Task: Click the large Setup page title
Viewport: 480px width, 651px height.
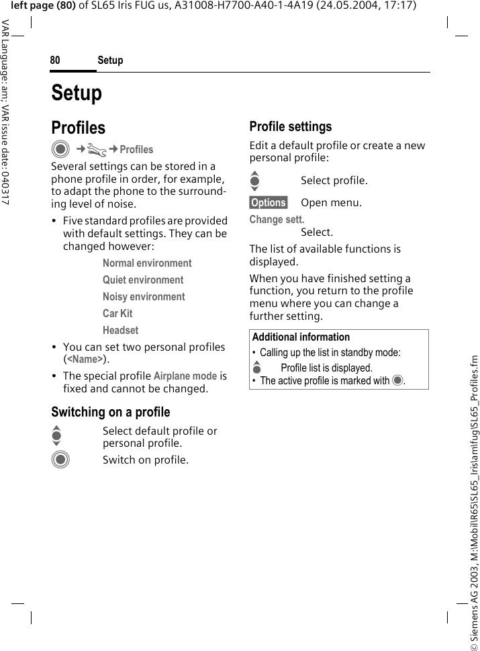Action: [x=77, y=93]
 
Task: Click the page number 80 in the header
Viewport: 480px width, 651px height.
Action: [x=55, y=60]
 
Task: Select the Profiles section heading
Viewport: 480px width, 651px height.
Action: [x=79, y=128]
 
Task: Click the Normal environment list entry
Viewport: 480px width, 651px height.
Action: [x=147, y=263]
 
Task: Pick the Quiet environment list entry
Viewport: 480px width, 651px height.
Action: [x=143, y=280]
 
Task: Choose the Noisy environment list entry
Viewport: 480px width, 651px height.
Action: [x=144, y=297]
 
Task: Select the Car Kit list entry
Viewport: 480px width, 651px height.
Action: [x=117, y=314]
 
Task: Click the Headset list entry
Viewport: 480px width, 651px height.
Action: [x=120, y=331]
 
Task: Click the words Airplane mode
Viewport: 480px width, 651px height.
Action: [x=185, y=376]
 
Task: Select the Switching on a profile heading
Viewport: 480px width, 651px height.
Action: [x=111, y=412]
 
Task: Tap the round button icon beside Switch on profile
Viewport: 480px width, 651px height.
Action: [x=60, y=460]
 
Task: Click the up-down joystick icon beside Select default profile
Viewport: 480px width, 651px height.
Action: [x=57, y=437]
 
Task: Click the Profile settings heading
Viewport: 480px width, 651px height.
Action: [x=290, y=126]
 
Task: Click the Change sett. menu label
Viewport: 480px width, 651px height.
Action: [x=277, y=220]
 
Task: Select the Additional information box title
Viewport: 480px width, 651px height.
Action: [x=301, y=337]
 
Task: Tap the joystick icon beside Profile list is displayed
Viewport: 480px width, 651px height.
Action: [x=256, y=367]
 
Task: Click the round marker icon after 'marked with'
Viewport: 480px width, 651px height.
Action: [x=398, y=381]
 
